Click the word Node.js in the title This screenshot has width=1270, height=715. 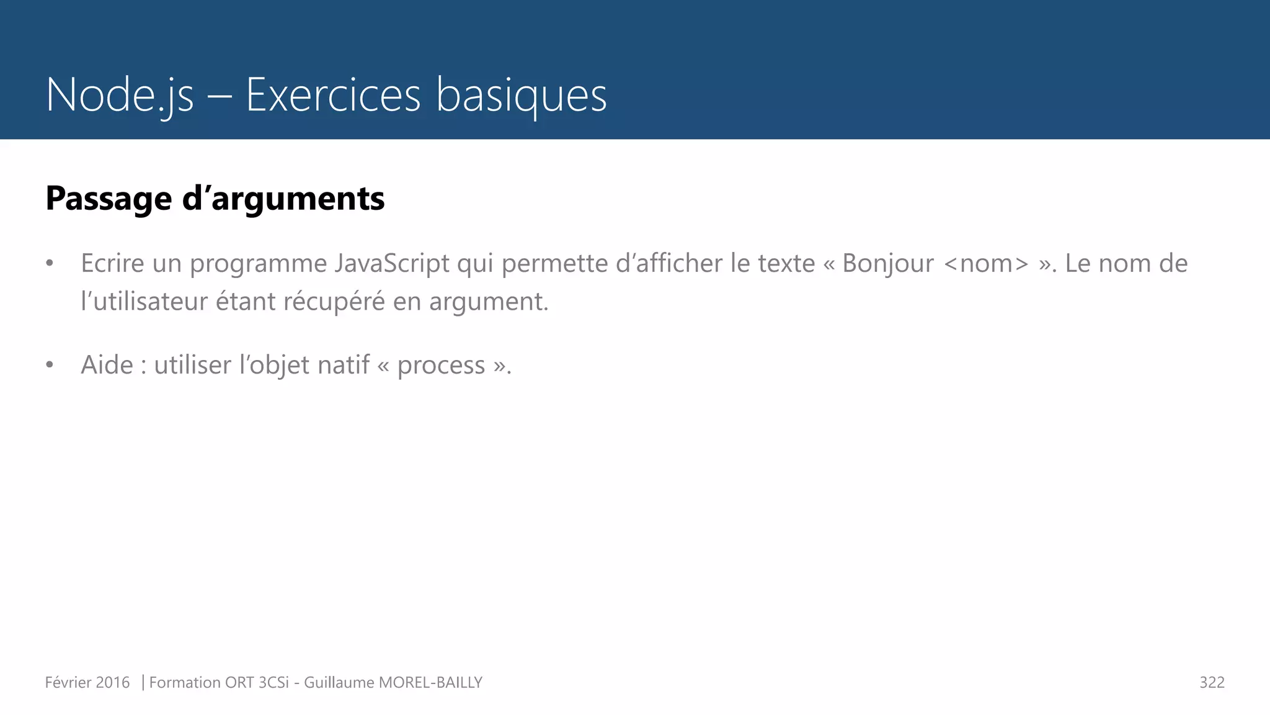coord(120,96)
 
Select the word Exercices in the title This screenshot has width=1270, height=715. coord(333,96)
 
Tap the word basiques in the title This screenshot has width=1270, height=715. coord(521,96)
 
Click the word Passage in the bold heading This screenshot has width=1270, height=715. coord(109,199)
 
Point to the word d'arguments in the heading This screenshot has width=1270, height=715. coord(283,199)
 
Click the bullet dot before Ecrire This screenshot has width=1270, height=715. coord(50,264)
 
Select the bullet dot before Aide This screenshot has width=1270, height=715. coord(50,365)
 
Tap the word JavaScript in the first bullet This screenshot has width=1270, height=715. coord(392,264)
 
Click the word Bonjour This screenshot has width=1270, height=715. coord(887,264)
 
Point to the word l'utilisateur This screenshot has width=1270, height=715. coord(144,302)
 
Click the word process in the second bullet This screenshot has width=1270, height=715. coord(441,366)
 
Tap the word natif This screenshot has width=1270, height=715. coord(344,365)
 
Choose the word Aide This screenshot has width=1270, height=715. coord(107,365)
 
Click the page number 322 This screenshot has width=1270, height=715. coord(1212,683)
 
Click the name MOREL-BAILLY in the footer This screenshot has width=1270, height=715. coord(430,683)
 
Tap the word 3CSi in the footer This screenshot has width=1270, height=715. coord(273,683)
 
